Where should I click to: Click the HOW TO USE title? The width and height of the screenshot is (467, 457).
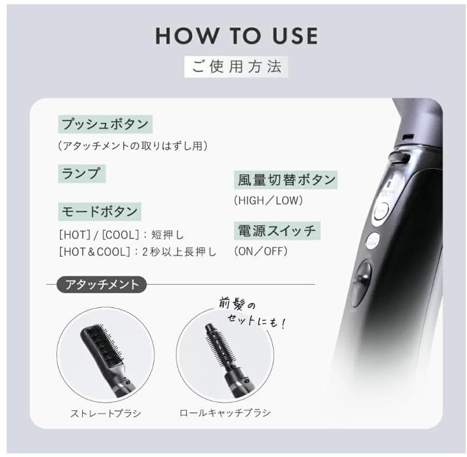tap(236, 36)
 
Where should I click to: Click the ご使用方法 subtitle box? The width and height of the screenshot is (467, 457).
tap(236, 67)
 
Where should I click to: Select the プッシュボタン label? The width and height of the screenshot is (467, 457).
tap(105, 124)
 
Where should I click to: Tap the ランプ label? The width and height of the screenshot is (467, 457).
tap(81, 173)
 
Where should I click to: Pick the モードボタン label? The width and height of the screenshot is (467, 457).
tap(99, 211)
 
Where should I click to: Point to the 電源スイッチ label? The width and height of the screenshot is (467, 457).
tap(277, 230)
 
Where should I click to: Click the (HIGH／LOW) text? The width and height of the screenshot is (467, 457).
tap(268, 200)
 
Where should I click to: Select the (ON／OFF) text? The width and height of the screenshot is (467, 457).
tap(260, 250)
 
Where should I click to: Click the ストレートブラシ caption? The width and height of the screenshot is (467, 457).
tap(105, 413)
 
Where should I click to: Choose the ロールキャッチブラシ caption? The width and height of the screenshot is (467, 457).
tap(225, 413)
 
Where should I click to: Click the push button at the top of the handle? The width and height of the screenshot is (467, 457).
tap(400, 158)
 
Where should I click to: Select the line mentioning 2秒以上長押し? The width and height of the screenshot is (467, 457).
tap(138, 251)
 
